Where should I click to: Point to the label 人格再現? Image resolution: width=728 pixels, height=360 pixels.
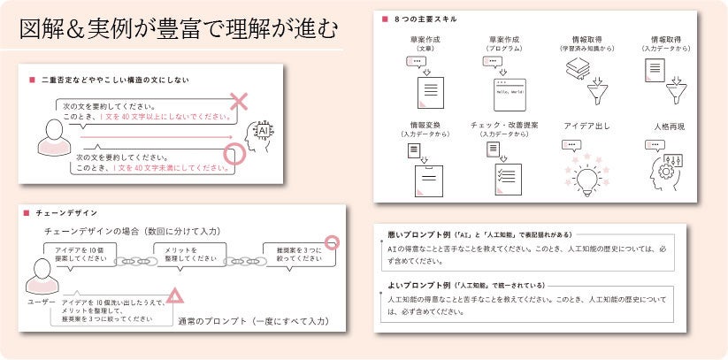668,126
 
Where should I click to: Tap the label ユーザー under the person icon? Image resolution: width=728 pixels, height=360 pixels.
41,302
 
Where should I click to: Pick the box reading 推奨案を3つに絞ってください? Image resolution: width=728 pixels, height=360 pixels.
299,254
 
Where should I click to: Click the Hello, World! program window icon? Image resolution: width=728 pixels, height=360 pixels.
510,93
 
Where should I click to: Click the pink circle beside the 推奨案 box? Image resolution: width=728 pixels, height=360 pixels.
332,241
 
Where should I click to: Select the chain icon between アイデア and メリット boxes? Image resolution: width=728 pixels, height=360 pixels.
134,261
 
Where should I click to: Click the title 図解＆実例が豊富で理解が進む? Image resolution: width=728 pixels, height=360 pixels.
179,28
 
